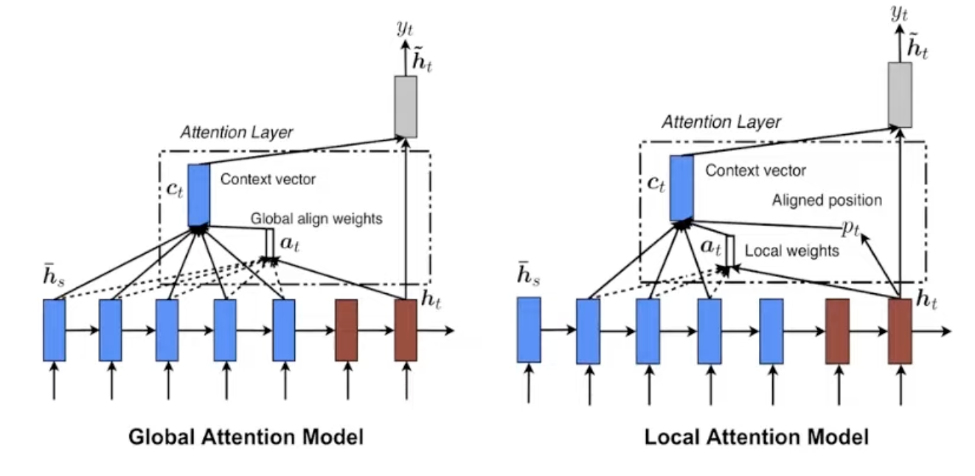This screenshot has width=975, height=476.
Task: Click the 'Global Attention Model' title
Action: point(246,437)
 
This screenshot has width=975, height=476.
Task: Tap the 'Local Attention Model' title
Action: point(757,437)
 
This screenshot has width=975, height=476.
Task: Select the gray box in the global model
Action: point(406,107)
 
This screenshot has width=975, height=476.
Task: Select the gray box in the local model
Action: point(900,95)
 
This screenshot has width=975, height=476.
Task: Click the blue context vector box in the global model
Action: point(199,195)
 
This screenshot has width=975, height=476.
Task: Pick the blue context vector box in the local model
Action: point(681,188)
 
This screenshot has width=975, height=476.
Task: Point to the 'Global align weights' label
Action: point(316,218)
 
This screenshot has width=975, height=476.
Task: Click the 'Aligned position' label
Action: point(827,200)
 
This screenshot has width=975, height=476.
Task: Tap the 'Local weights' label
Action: point(792,251)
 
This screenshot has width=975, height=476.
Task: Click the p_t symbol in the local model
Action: point(850,228)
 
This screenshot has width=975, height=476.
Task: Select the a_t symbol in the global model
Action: point(290,243)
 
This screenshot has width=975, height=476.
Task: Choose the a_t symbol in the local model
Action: point(710,248)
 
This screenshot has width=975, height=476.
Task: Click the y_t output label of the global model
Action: point(405,28)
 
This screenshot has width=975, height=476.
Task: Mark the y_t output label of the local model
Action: point(899,13)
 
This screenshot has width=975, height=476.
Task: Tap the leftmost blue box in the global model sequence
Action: point(55,330)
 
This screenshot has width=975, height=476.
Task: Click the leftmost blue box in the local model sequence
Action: point(529,330)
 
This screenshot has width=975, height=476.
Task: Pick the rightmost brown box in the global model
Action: point(406,330)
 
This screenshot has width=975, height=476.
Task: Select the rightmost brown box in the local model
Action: point(900,332)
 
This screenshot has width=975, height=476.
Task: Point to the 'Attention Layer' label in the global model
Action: point(237,132)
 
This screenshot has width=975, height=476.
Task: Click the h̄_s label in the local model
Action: point(529,274)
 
